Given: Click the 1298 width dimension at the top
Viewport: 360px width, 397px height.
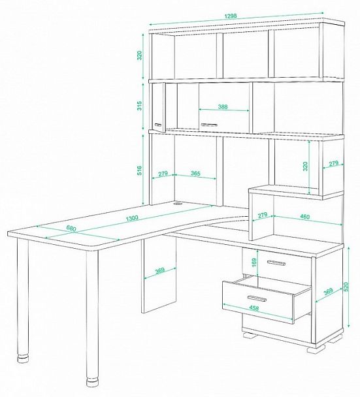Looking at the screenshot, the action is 230,16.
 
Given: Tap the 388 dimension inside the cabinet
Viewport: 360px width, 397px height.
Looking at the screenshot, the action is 223,106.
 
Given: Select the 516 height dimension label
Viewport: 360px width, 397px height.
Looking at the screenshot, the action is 139,171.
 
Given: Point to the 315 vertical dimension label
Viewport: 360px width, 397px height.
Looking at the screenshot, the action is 139,106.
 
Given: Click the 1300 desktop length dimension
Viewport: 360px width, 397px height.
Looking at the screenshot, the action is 132,218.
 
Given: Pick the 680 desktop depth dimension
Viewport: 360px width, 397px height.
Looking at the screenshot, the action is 71,229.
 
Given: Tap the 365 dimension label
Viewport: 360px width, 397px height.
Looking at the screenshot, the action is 195,174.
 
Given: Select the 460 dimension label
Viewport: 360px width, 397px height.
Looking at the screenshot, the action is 304,217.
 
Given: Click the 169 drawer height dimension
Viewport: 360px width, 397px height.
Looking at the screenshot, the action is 254,262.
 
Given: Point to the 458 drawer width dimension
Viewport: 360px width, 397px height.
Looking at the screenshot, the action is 254,308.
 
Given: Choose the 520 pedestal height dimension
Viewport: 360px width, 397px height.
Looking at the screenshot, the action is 346,287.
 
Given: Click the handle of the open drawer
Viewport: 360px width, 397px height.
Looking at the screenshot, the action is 257,298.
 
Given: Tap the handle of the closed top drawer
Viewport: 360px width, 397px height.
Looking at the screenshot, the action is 276,263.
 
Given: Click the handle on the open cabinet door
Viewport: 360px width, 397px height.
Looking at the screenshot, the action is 158,125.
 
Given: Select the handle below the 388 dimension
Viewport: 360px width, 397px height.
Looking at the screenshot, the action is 209,125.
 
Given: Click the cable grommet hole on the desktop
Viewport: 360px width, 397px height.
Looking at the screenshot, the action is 178,203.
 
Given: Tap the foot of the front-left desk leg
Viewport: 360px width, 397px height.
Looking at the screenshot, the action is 23,358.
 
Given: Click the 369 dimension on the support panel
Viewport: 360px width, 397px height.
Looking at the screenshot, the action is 160,270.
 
